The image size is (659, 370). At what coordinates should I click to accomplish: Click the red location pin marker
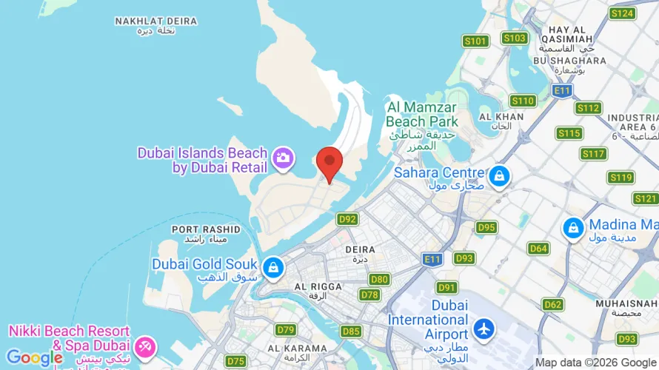(x=329, y=163)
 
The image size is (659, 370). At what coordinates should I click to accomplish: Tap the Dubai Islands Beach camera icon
(x=283, y=158)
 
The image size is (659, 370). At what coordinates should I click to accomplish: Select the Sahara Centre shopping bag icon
(x=500, y=176)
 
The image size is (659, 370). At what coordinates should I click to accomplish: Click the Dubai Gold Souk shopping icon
(x=273, y=267)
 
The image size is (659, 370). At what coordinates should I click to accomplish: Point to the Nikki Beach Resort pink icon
(x=144, y=346)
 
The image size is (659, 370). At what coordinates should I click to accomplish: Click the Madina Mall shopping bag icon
(x=573, y=229)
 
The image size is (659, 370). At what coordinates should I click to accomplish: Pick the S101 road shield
(x=475, y=41)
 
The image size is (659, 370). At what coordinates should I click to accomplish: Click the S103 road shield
(x=514, y=38)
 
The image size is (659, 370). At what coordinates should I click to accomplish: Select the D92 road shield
(x=347, y=219)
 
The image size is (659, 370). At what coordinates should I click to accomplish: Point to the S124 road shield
(x=622, y=13)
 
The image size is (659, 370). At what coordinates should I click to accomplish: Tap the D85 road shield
(x=352, y=331)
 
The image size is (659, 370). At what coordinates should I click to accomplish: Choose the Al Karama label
(x=297, y=349)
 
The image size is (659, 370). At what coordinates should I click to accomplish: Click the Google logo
(x=34, y=359)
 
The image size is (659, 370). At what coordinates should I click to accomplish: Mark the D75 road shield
(x=236, y=361)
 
